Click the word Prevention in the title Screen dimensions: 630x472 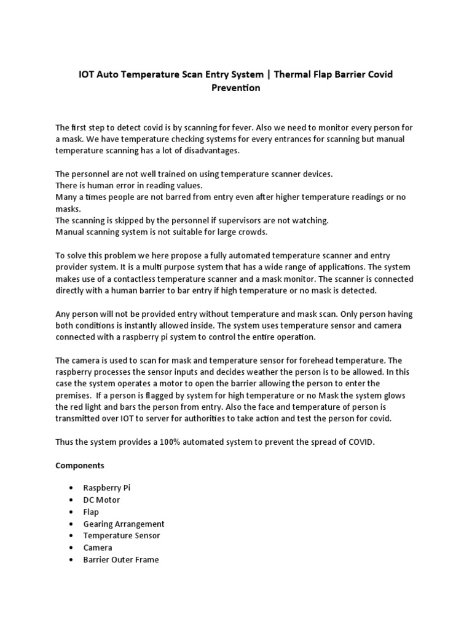pos(236,88)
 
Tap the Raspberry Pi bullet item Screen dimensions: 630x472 pos(107,488)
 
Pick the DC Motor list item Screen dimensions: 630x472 pos(102,500)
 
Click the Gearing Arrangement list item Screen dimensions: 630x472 pos(124,524)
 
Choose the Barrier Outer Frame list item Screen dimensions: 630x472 pos(121,560)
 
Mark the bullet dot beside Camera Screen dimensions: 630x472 pos(72,548)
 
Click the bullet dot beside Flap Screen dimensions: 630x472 pos(72,512)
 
